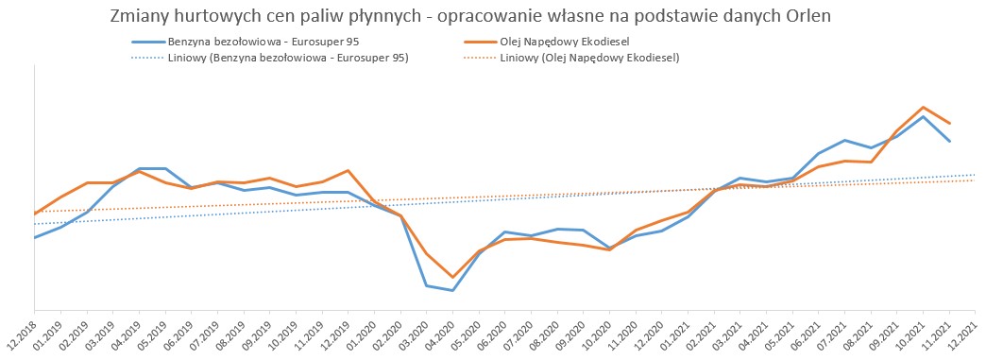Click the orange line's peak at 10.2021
(x=923, y=107)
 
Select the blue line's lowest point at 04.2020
(x=452, y=290)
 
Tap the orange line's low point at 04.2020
(x=452, y=277)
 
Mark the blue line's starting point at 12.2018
(x=35, y=237)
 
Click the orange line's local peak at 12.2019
(x=348, y=171)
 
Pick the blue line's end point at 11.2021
(x=949, y=141)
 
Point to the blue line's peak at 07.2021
(x=844, y=140)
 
